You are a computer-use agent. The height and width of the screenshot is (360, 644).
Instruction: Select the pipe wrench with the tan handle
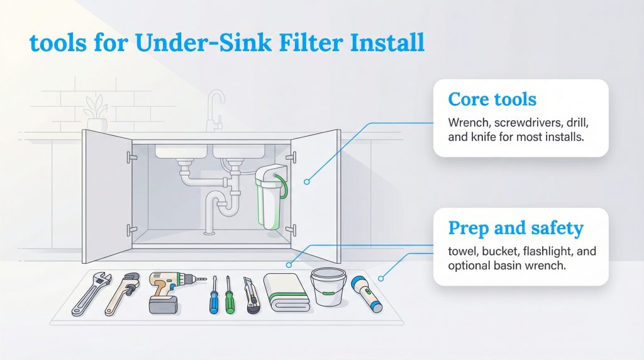click(x=122, y=293)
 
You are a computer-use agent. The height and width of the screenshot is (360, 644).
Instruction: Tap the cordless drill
click(x=167, y=291)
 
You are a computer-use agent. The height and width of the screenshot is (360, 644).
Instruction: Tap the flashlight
click(x=367, y=293)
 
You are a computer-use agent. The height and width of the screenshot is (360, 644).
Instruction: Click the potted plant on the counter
click(x=97, y=113)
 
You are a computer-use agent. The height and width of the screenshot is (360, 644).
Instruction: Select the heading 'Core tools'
click(x=492, y=99)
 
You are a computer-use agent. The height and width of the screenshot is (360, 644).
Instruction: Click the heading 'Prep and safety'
click(x=515, y=228)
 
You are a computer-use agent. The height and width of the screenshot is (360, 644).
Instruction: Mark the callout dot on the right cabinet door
click(x=307, y=181)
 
